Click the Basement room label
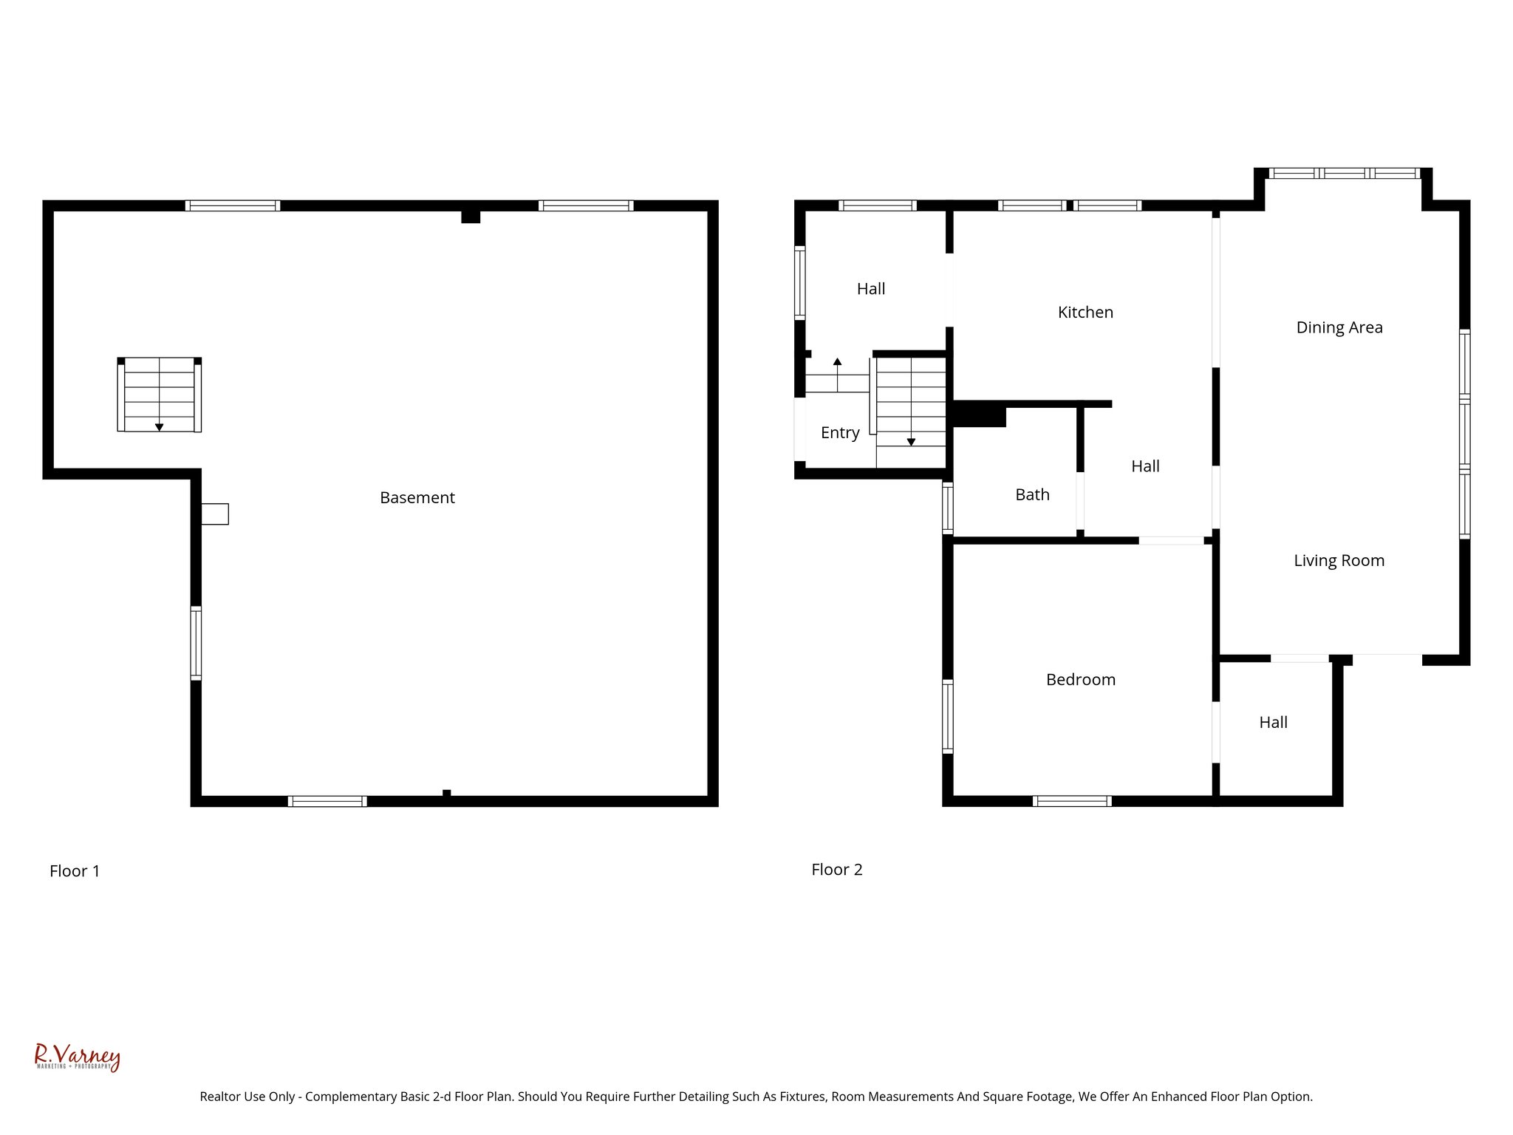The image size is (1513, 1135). point(417,498)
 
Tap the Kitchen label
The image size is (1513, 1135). point(1085,313)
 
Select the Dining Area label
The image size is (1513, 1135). point(1339,327)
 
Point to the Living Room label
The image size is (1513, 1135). point(1339,561)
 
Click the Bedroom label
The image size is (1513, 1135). point(1080,680)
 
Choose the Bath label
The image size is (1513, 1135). point(1032,495)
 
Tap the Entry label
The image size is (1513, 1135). point(840,433)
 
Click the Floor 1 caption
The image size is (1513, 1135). point(75,871)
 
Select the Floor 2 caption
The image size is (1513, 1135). point(836,870)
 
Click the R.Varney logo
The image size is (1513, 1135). point(77,1057)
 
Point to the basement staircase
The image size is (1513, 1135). point(159,395)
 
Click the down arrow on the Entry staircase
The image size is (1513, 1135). point(911,441)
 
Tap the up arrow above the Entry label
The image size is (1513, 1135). point(837,362)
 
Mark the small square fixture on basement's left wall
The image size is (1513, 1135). point(215,514)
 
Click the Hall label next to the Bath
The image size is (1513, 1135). point(1145,466)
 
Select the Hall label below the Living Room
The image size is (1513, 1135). point(1273,723)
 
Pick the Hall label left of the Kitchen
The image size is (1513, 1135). point(871,289)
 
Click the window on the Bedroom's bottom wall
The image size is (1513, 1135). point(1071,801)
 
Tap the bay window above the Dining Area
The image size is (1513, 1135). point(1344,174)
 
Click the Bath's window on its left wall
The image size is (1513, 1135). point(947,508)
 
